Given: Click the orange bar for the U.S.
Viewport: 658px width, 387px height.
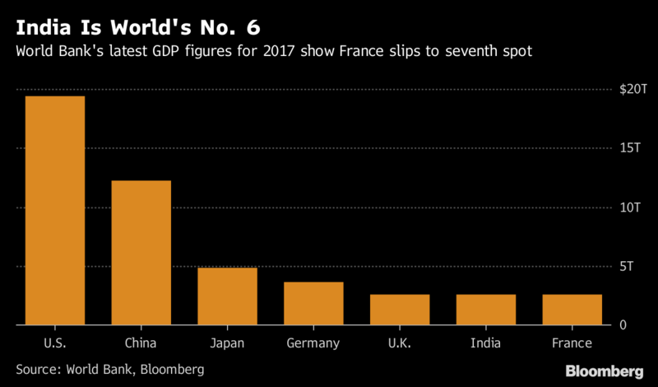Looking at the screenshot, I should tap(55, 211).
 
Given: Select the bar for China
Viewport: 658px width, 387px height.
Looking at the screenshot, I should tap(141, 253).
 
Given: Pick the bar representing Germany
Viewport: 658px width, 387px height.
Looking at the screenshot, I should tap(313, 304).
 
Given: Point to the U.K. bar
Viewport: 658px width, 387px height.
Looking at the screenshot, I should tap(400, 310).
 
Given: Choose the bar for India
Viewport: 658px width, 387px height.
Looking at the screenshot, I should tap(486, 310).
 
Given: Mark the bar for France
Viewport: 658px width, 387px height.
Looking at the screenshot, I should tap(572, 310).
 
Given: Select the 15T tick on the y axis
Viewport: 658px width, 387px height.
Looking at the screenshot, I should tap(630, 147).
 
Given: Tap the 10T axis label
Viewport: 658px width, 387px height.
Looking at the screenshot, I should tap(630, 207).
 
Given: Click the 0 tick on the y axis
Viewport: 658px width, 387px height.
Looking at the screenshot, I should tap(623, 325).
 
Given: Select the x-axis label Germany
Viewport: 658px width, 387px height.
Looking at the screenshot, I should tap(313, 342).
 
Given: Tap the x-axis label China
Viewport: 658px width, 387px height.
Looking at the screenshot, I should tap(141, 342).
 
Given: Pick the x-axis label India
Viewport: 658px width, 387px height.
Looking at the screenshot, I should tap(486, 342).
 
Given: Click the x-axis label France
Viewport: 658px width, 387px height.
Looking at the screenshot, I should tap(572, 342).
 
